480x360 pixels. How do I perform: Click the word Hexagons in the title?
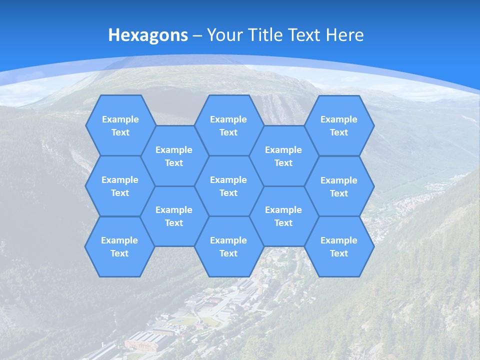coord(148,35)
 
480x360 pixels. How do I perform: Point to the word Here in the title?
coord(344,35)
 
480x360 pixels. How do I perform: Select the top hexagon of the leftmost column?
coord(120,125)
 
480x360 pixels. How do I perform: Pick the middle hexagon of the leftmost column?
coord(120,186)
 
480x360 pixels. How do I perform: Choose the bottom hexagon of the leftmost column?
coord(119,246)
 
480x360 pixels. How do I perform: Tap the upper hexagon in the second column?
coord(174,156)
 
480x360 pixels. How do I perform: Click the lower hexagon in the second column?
coord(174,216)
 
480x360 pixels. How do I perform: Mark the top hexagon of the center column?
coord(228,125)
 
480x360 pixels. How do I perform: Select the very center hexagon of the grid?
coord(228,186)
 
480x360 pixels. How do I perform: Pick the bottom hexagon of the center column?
coord(228,246)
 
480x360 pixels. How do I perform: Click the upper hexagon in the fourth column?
coord(283,156)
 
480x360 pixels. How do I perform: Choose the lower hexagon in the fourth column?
coord(283,216)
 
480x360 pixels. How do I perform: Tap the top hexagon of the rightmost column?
coord(339,125)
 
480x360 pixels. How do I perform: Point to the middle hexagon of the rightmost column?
coord(339,186)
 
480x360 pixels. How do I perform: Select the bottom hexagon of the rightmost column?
coord(339,246)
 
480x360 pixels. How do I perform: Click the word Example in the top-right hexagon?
coord(339,119)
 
